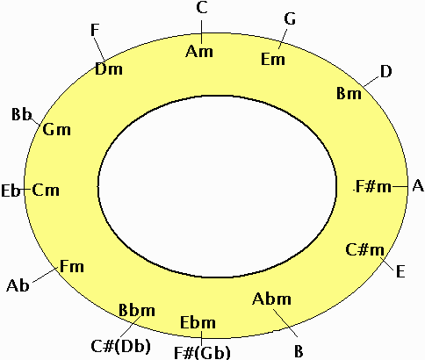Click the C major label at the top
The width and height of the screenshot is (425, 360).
coord(202,8)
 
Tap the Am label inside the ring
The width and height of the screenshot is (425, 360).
coord(199,51)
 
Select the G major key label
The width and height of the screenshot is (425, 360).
coord(290,19)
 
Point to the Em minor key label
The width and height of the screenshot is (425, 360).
coord(273,59)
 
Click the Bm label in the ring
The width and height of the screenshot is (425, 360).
coord(349,93)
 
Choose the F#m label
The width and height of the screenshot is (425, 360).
coord(373,186)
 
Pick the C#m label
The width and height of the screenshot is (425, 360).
coord(364,250)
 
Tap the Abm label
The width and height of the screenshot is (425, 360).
coord(271,299)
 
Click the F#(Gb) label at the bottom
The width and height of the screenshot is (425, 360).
coord(202,353)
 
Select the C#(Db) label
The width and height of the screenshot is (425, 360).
coord(120,346)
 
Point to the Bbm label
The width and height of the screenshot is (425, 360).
coord(137,310)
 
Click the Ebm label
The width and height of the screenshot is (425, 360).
coord(198,322)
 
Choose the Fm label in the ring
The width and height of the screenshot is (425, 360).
coord(72,266)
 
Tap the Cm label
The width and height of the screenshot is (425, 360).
coord(46,190)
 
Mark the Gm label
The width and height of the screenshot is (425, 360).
coord(57,129)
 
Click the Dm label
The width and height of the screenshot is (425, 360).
coord(109,69)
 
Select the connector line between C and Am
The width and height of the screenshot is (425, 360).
coord(201,32)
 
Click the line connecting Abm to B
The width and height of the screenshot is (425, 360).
coord(285,322)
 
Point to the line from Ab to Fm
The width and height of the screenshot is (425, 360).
coord(45,275)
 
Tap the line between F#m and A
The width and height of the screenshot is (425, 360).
coord(400,186)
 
